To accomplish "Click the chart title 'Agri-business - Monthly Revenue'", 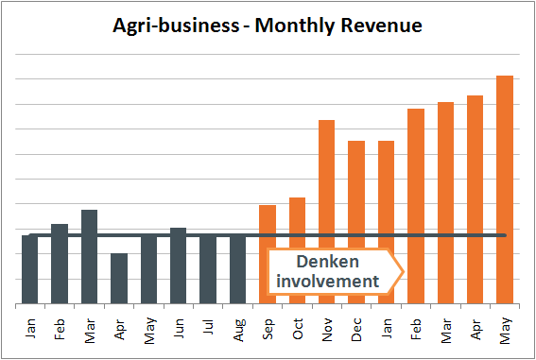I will point(268,26).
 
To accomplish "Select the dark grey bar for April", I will point(119,279).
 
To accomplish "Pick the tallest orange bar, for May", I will point(505,189).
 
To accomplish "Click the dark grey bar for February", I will point(60,264).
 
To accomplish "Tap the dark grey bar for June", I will point(178,266).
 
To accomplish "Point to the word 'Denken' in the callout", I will point(326,262).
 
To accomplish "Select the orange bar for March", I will point(445,203).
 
